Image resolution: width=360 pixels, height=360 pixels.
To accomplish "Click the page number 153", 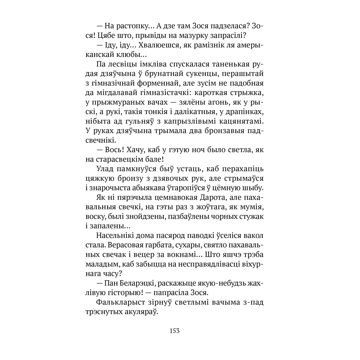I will pyautogui.click(x=174, y=331).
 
